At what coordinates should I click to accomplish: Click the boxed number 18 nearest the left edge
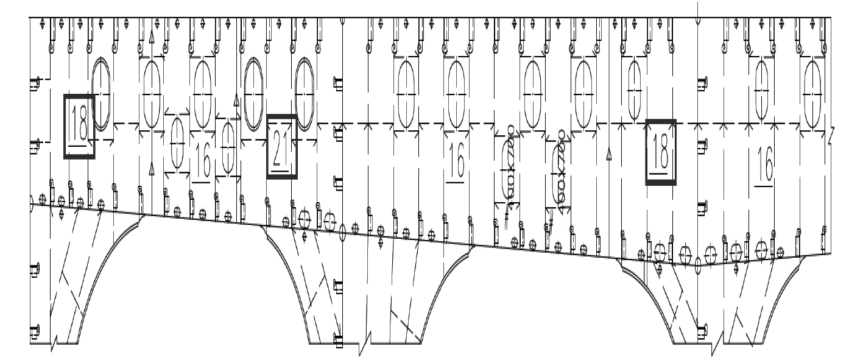coord(79,127)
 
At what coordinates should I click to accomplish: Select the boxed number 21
coord(282,147)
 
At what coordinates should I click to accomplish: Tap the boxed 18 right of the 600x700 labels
coord(661,152)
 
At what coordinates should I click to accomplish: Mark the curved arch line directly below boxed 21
coord(286,268)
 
